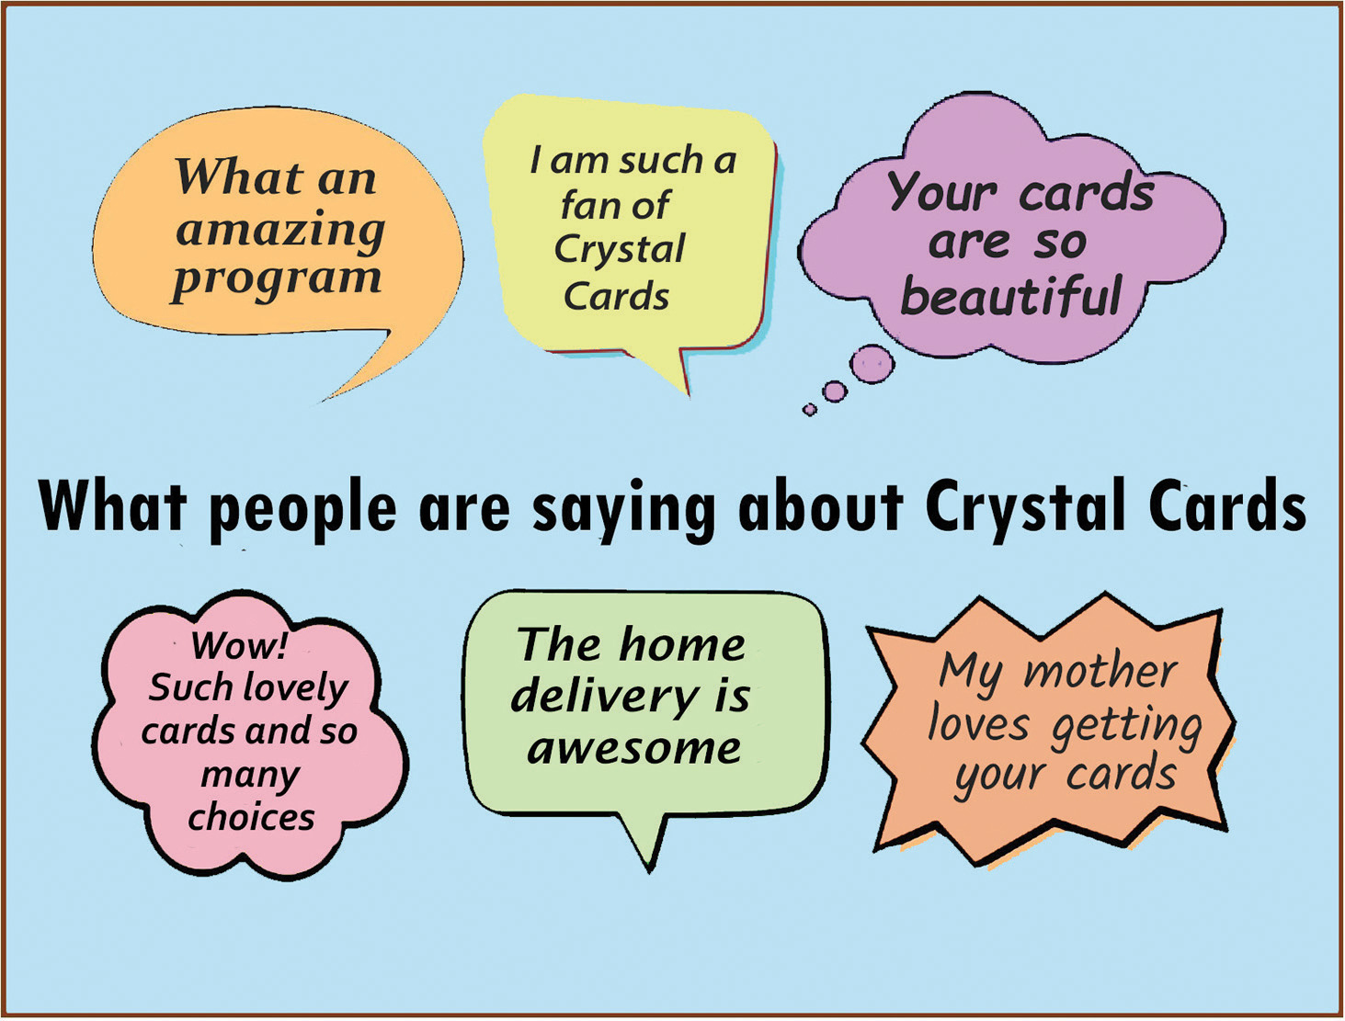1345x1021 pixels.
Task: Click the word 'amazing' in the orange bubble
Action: click(x=280, y=233)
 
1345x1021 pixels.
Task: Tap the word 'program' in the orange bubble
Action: click(x=277, y=282)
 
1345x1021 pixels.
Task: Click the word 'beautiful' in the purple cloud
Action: click(x=1011, y=295)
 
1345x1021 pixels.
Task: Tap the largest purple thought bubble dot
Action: click(x=872, y=365)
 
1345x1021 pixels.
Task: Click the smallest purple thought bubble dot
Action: click(x=809, y=410)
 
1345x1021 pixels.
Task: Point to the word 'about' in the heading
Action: click(x=821, y=506)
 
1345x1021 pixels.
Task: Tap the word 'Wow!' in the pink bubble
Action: click(x=239, y=645)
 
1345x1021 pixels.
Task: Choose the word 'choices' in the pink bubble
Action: click(x=251, y=816)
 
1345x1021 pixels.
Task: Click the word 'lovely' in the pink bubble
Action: click(x=295, y=689)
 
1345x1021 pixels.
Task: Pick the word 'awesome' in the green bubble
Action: click(x=633, y=748)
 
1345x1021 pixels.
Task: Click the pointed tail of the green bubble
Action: click(x=650, y=869)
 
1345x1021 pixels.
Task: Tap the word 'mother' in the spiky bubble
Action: click(x=1100, y=671)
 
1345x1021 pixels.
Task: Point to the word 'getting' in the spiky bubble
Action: click(x=1126, y=727)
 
